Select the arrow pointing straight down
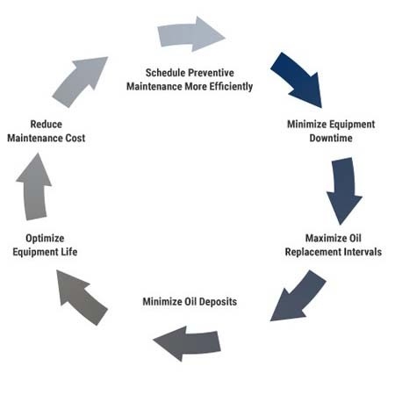[x=343, y=190]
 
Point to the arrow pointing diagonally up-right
[x=81, y=80]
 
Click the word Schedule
[x=171, y=73]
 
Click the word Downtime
[x=331, y=140]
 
